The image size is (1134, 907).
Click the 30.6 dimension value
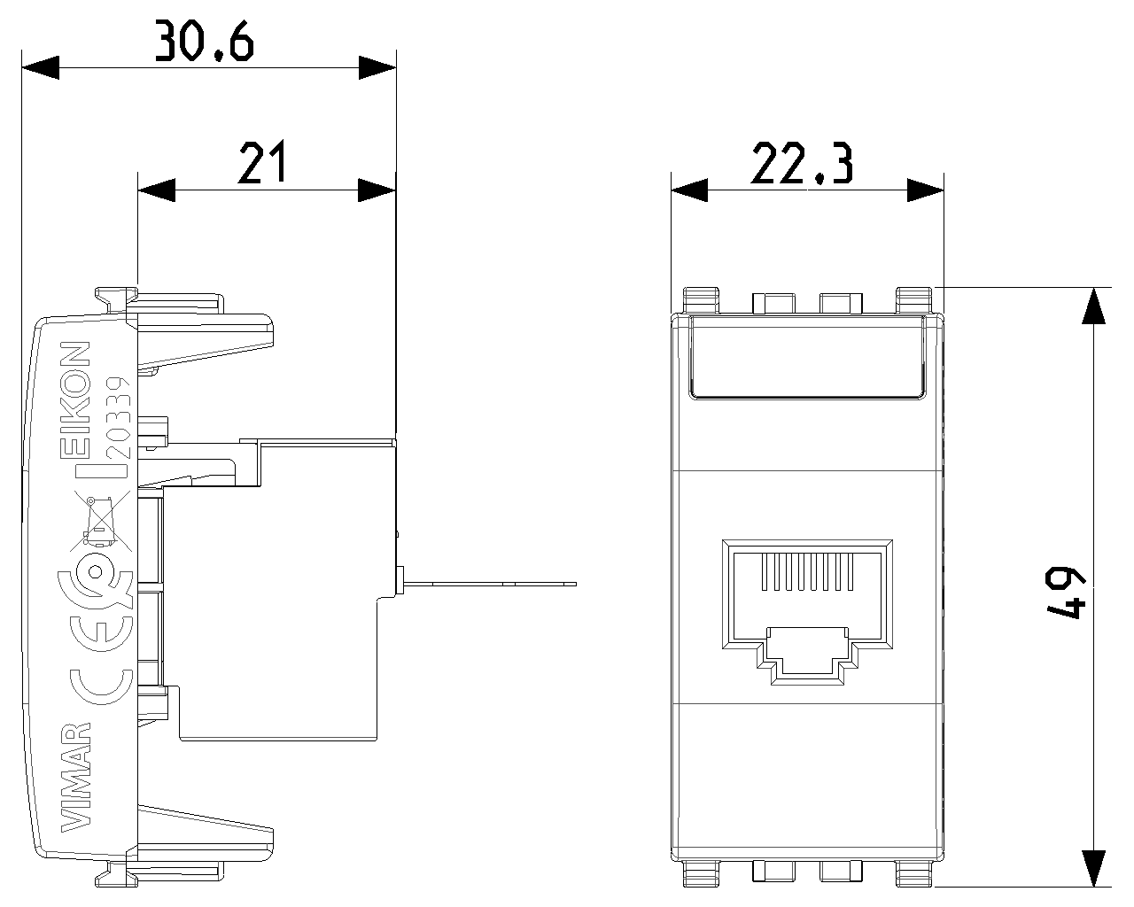[x=205, y=41]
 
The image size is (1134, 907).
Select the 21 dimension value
[x=262, y=161]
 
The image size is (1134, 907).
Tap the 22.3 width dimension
[x=802, y=163]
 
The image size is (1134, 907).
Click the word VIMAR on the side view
[x=76, y=778]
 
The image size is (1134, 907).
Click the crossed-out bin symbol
[x=102, y=521]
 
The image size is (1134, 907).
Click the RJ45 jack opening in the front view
[x=807, y=611]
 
